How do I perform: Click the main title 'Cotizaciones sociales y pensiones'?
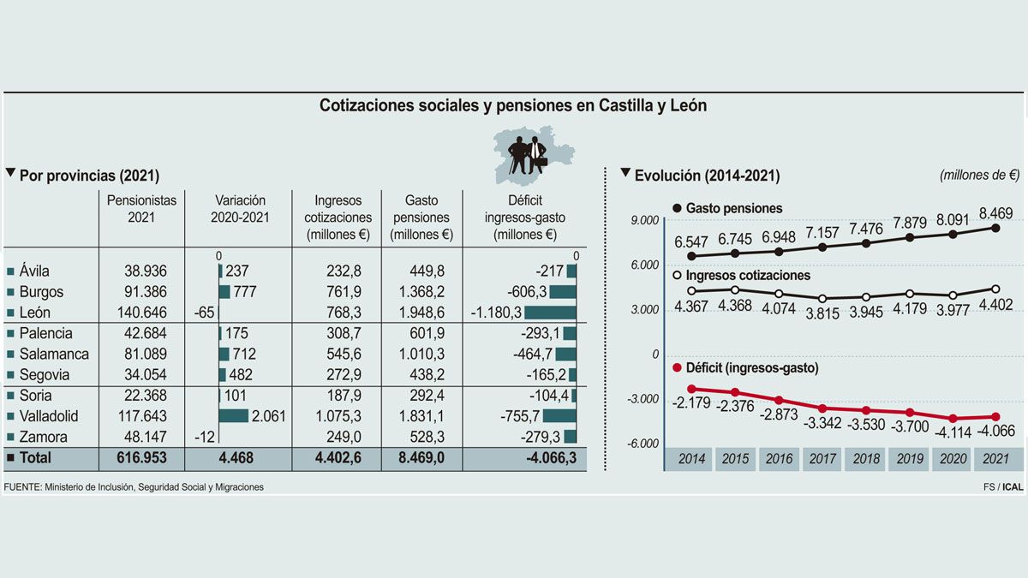pos(513,105)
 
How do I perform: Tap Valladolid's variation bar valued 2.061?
pos(234,416)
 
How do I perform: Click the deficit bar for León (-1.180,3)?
pos(550,313)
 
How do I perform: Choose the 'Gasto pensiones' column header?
pos(421,217)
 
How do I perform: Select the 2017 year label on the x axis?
pos(822,459)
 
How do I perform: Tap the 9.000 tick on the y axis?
pos(643,221)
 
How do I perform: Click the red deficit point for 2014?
pos(691,389)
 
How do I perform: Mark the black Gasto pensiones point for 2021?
pos(995,228)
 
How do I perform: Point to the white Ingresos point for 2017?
pos(822,299)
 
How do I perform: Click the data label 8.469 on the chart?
pos(995,212)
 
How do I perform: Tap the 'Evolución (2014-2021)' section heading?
pos(706,176)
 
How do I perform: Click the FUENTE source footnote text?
pos(134,487)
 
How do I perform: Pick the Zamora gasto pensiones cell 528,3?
pos(421,437)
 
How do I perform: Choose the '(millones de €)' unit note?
pos(979,175)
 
